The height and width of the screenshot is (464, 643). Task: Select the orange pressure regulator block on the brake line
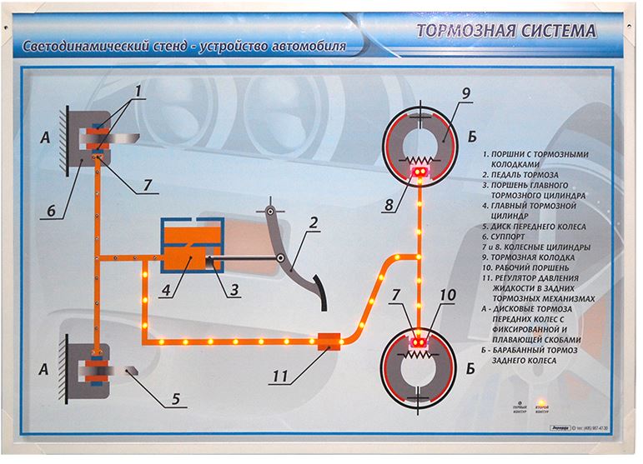point(329,342)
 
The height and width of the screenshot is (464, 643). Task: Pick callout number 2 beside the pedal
point(314,223)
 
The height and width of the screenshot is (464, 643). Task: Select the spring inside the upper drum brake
point(419,159)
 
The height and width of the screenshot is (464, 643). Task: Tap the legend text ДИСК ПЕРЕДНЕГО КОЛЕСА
point(539,227)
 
